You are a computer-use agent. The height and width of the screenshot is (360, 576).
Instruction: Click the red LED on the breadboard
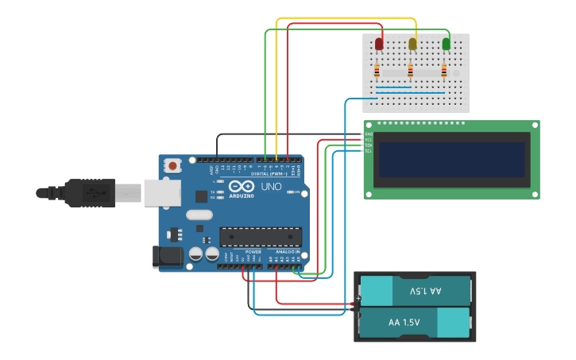point(379,44)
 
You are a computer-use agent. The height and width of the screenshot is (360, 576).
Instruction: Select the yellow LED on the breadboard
point(412,44)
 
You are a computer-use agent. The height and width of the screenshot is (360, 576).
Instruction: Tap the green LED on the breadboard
point(446,44)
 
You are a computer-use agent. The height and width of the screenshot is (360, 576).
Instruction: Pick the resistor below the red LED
point(377,72)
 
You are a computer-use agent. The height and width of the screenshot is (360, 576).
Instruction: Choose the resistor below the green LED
point(443,72)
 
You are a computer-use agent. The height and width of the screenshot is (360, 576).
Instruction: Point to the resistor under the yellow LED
point(410,72)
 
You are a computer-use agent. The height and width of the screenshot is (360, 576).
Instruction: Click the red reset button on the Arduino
point(172,166)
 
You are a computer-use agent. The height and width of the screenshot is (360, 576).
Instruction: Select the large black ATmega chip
point(261,236)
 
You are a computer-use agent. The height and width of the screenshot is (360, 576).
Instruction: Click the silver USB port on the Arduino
point(161,192)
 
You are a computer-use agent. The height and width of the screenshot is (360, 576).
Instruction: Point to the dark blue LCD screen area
point(452,160)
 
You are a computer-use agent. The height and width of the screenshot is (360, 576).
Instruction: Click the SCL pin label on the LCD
point(369,151)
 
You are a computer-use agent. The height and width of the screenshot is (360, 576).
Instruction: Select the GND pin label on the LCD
point(369,134)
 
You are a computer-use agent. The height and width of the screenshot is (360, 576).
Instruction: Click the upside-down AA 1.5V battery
point(415,291)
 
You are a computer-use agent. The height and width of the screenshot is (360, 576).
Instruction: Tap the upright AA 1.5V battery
point(415,323)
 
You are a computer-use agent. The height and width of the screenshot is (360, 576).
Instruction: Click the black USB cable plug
point(89,192)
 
